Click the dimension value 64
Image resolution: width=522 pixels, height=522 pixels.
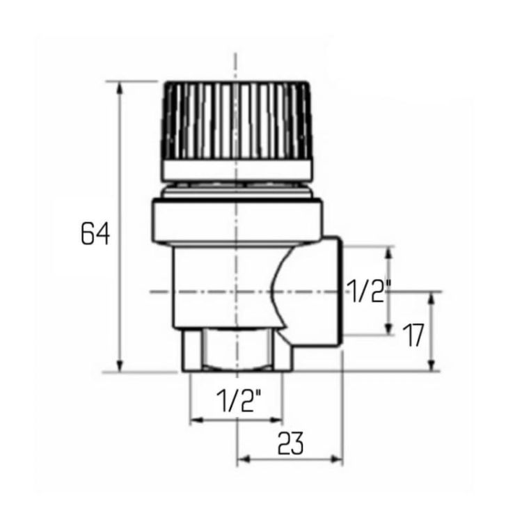coord(95,233)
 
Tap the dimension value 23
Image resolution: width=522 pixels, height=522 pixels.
coord(291,443)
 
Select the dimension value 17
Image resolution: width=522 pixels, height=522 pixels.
coord(413,335)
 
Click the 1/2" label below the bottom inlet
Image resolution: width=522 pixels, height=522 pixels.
coord(238,401)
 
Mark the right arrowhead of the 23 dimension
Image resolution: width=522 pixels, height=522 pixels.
coord(337,459)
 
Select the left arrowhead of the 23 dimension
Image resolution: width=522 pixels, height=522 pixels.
coord(243,459)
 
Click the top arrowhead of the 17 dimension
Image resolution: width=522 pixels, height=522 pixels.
coord(432,297)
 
